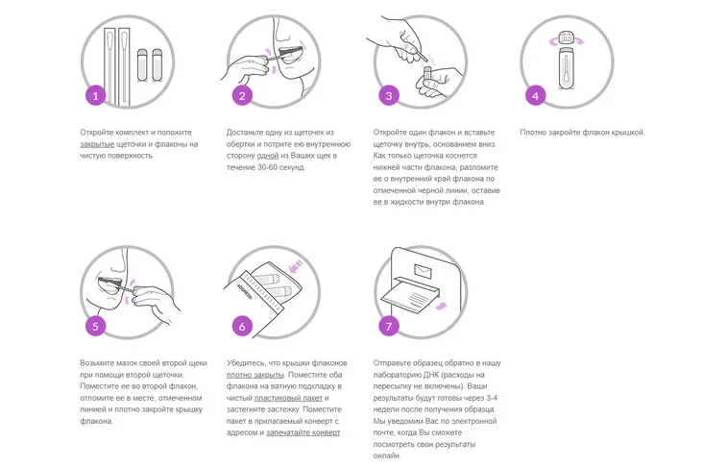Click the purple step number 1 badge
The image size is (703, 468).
95,95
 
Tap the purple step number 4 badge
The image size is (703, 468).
535,95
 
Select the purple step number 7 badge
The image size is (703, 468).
389,326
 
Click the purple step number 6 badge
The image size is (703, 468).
242,326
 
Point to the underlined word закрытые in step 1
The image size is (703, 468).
97,144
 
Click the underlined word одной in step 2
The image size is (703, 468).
268,156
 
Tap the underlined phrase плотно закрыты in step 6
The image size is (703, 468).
255,375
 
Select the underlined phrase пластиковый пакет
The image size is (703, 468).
288,398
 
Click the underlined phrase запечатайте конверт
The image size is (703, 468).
303,432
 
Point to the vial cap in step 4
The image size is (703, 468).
567,37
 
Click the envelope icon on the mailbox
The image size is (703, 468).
424,271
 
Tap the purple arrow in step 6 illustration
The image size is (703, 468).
295,268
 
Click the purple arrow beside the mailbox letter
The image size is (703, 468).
442,306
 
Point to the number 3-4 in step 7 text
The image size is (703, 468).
492,398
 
